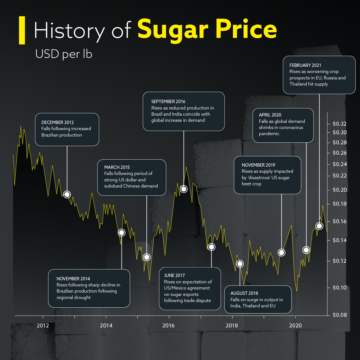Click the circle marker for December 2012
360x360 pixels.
(x=67, y=194)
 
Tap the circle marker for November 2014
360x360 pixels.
(x=121, y=232)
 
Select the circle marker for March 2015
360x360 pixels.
(x=147, y=257)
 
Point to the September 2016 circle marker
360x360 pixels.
(x=184, y=189)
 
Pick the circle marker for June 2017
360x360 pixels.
(x=211, y=247)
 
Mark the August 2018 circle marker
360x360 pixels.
(x=240, y=264)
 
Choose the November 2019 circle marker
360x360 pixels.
(x=281, y=252)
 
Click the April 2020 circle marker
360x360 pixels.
(x=306, y=250)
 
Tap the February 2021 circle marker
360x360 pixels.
(x=319, y=226)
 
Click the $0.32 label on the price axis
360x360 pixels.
(x=340, y=124)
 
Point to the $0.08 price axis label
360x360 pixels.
(x=340, y=315)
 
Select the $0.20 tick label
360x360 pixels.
(x=340, y=190)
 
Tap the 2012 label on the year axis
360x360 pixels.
(x=43, y=325)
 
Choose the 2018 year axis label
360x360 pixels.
(x=232, y=325)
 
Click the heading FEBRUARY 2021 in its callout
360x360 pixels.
(x=305, y=65)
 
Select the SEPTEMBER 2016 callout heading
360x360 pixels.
(x=168, y=101)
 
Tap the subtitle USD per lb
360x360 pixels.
(x=64, y=54)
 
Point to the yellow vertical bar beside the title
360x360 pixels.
(x=22, y=30)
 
